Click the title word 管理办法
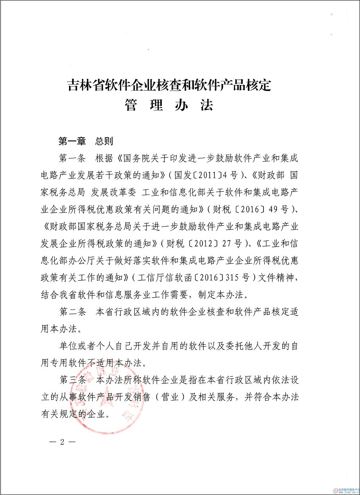(169, 105)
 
